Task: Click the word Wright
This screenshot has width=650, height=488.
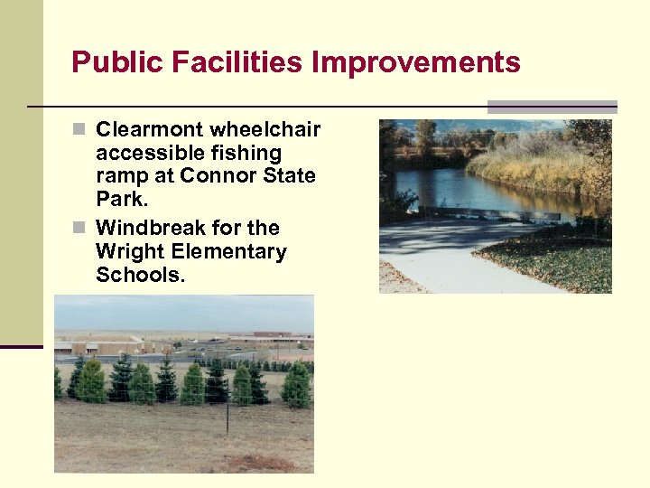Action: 126,251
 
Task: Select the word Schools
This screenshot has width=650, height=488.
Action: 140,275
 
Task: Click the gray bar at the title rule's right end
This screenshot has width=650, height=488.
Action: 552,107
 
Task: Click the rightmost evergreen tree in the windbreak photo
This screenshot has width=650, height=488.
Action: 295,386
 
